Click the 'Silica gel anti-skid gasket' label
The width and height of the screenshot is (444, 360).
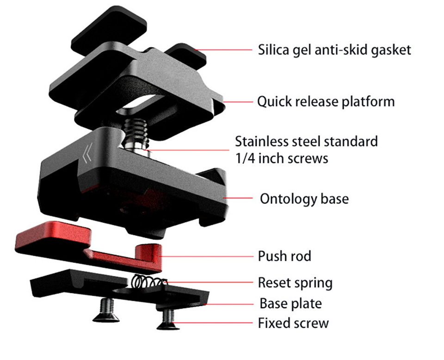(334, 50)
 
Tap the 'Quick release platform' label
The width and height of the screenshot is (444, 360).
(326, 101)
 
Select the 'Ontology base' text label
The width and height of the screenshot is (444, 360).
(304, 199)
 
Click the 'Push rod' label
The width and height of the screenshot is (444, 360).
(284, 256)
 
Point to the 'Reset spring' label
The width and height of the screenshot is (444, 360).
(295, 282)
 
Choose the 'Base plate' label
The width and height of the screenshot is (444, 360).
(290, 304)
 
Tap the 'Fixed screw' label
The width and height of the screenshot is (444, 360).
(293, 323)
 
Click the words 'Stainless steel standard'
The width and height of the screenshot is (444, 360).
(306, 141)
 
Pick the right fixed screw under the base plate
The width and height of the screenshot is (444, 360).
(167, 319)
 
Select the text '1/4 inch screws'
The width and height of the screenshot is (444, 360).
(281, 158)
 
